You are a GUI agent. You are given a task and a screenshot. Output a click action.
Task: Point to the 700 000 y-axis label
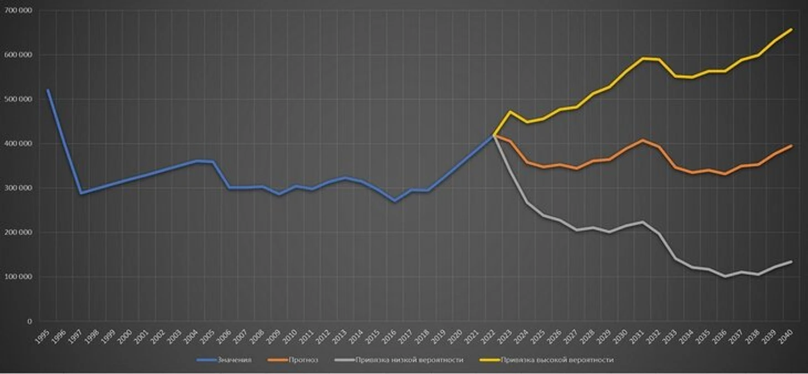click(x=19, y=11)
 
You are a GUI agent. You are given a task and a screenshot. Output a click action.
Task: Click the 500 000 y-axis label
click(x=19, y=100)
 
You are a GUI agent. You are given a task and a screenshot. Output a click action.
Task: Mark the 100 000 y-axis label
click(x=19, y=277)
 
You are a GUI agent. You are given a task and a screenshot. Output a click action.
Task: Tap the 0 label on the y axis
click(x=29, y=321)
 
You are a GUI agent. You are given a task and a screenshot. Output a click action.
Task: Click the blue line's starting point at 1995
click(x=48, y=90)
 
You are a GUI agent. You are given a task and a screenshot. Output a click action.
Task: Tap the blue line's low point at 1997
click(x=81, y=193)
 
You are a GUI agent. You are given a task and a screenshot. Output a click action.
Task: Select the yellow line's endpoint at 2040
click(x=791, y=29)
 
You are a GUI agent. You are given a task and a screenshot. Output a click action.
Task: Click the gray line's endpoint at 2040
click(x=791, y=262)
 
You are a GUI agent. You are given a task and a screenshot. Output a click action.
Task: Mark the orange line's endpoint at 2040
click(x=791, y=146)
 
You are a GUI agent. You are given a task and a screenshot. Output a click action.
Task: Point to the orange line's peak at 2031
click(x=643, y=141)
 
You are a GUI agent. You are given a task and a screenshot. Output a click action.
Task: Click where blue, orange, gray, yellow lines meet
click(x=494, y=135)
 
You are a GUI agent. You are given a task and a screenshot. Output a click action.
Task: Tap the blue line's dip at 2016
click(x=395, y=201)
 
